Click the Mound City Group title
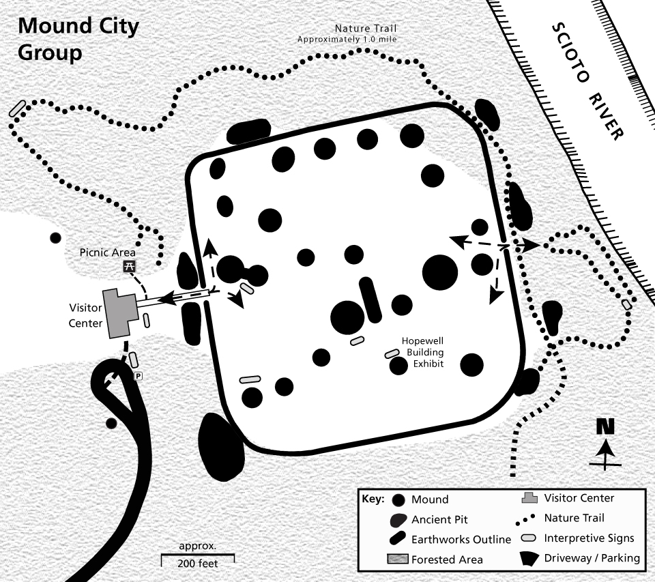(78, 39)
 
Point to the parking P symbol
(138, 376)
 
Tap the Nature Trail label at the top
(347, 33)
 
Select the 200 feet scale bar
(197, 559)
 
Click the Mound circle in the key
(398, 499)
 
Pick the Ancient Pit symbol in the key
(398, 520)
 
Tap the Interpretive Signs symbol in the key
(528, 538)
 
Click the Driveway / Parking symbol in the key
(528, 557)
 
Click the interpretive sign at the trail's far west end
(18, 108)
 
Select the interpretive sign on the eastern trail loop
(627, 304)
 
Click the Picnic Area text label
(103, 253)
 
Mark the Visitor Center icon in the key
(527, 499)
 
